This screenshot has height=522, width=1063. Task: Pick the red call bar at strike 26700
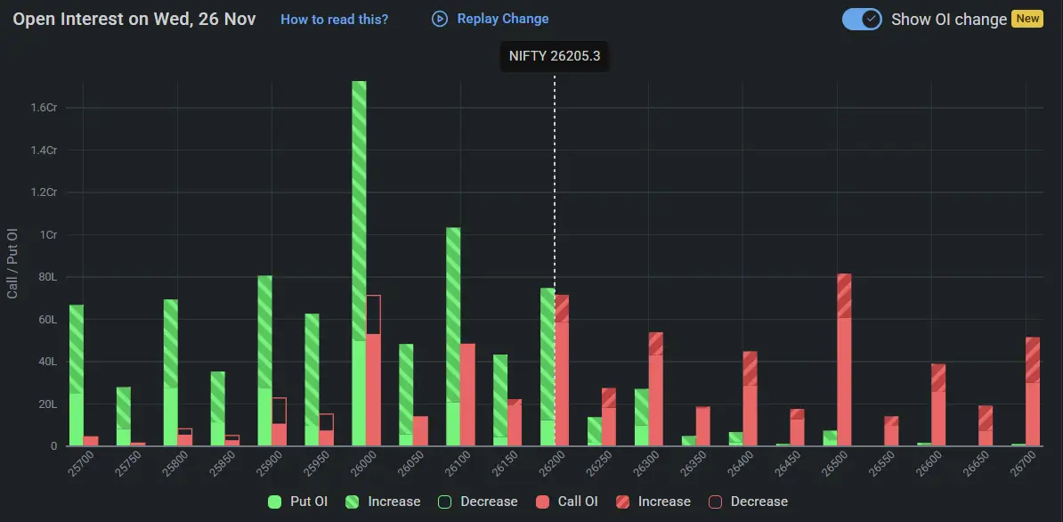[x=1033, y=392]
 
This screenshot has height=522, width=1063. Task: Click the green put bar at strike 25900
[x=264, y=361]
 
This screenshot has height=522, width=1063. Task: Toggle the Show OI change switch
[x=862, y=19]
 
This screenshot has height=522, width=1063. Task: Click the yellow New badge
[x=1027, y=19]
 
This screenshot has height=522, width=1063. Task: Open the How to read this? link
[x=334, y=19]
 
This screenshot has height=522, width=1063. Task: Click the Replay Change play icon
[x=440, y=19]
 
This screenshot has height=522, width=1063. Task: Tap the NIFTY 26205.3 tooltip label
[x=554, y=56]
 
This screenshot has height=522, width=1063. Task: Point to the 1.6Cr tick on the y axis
[x=44, y=108]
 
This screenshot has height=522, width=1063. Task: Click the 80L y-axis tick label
[x=46, y=277]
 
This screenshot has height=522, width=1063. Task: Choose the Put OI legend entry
[x=298, y=502]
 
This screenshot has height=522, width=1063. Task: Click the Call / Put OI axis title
[x=12, y=264]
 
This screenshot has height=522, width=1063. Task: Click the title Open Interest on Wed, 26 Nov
[x=134, y=19]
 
